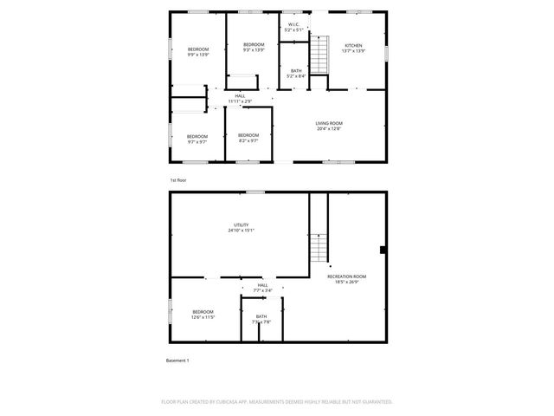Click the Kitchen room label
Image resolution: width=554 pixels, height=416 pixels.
[x=353, y=45]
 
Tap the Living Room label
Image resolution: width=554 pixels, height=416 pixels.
[x=328, y=123]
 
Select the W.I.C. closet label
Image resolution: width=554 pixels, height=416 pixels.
[x=293, y=24]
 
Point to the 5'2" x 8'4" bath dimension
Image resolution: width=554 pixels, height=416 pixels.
[x=296, y=76]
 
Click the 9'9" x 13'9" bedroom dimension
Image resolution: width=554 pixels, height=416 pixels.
[x=198, y=55]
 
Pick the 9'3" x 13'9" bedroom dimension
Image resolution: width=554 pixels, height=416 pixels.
[x=253, y=50]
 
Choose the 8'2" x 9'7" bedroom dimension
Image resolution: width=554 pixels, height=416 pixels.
[x=248, y=140]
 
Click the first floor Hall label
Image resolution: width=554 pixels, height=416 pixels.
[x=240, y=96]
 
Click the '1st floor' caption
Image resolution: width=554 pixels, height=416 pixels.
[x=177, y=179]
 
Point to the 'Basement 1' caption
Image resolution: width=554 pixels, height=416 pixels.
[x=177, y=360]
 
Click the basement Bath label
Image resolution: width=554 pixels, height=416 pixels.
[x=261, y=316]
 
